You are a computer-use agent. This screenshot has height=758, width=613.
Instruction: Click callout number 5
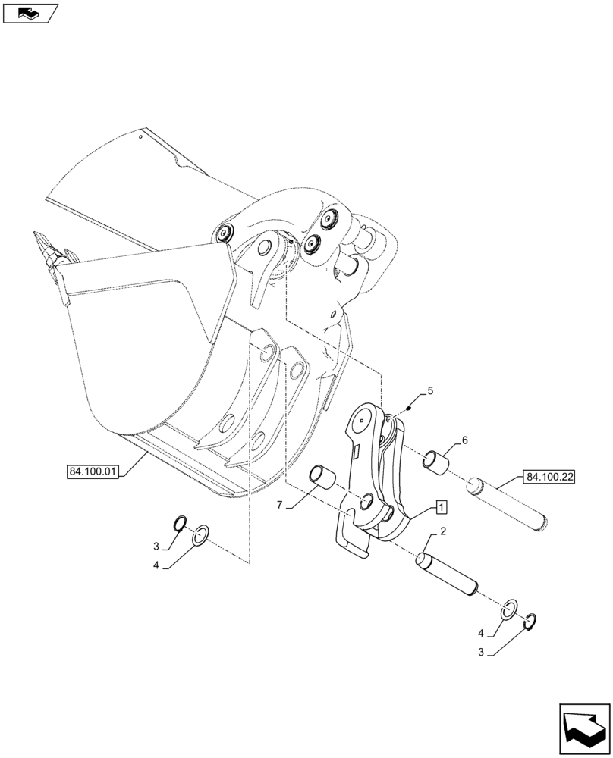430,391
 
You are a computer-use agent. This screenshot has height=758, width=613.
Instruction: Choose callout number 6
464,440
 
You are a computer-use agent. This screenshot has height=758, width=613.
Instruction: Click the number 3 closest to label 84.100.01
156,546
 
